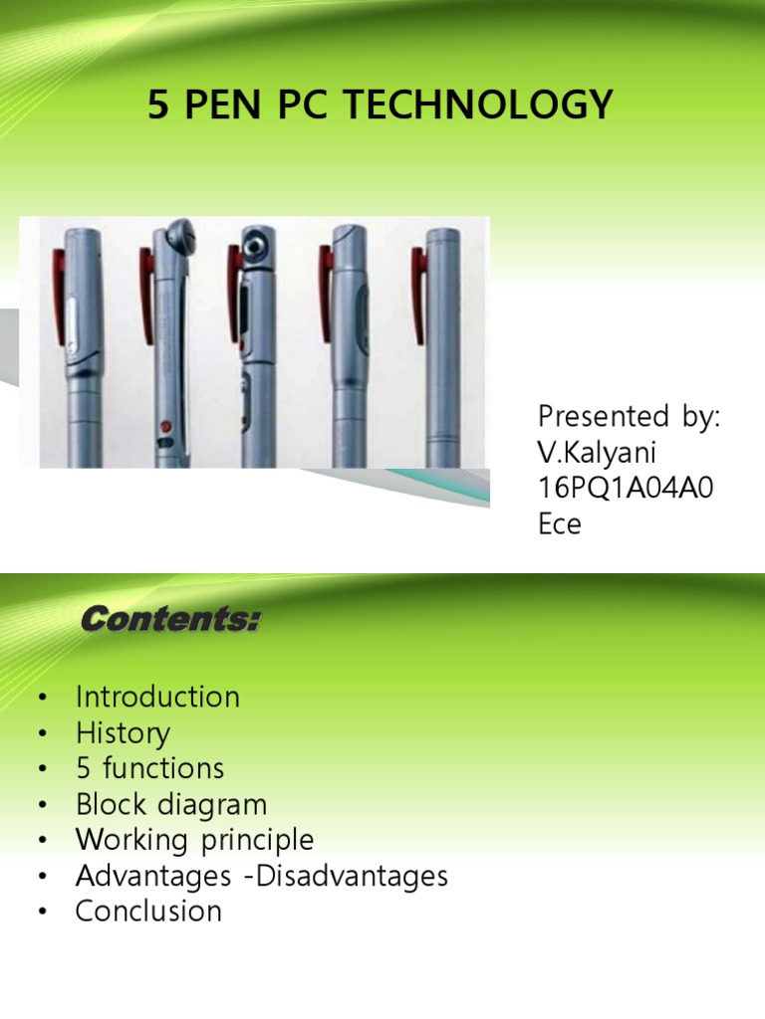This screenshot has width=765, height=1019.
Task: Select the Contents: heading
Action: coord(170,622)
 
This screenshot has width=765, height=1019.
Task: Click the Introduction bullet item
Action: coord(157,697)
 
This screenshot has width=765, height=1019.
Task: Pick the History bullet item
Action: coord(123,733)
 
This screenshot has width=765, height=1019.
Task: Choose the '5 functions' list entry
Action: coord(149,768)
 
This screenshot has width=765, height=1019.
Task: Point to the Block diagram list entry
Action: coord(171,804)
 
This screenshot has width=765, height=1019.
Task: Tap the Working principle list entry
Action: coord(194,840)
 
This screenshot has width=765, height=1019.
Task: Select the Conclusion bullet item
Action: coord(148,911)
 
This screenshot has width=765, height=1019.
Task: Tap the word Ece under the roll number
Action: coord(559,523)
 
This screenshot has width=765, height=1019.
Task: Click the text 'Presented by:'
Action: coord(628,415)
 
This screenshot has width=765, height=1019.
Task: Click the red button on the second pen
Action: coord(165,426)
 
